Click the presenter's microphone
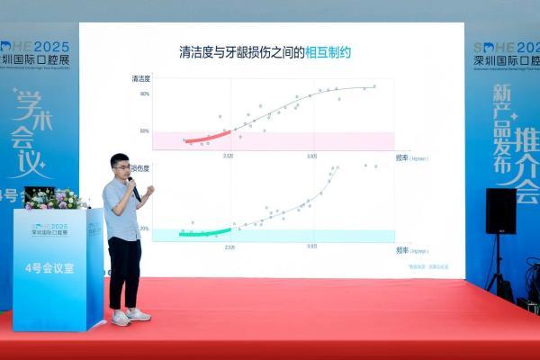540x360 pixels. coord(134,188)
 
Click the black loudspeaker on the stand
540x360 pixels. coord(500,211)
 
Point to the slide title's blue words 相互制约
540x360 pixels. coord(327,53)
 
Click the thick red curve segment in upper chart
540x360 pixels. coord(206,137)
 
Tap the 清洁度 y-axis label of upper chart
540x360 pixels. coord(140,79)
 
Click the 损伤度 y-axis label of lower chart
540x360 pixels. coord(140,167)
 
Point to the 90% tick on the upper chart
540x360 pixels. coord(145,94)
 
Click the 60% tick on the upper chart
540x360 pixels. coord(145,130)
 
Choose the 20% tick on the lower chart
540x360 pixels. coord(145,229)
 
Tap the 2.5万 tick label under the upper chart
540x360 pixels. coord(229,156)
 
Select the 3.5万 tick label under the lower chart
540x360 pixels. coord(311,246)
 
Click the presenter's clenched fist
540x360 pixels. coord(149,191)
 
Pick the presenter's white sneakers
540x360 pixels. coord(129,316)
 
